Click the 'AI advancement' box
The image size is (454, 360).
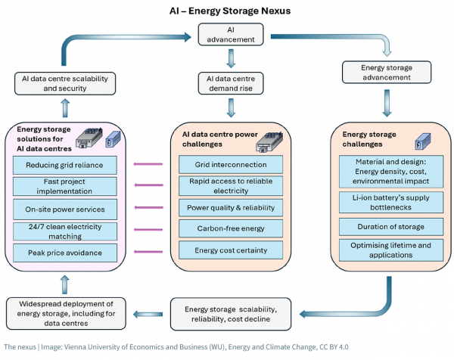click(231, 35)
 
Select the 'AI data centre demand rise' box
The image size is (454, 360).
click(231, 83)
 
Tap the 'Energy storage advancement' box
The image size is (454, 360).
click(387, 73)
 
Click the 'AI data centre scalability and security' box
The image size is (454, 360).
click(65, 84)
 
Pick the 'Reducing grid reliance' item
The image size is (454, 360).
click(65, 165)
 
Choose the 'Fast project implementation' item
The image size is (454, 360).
click(65, 186)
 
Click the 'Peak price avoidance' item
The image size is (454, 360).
click(65, 253)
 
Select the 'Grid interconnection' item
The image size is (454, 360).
click(231, 165)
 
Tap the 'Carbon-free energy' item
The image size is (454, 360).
click(231, 228)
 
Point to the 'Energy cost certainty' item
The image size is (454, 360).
click(231, 250)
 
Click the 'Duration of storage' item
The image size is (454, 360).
click(391, 227)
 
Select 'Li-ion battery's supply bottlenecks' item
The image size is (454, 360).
click(391, 202)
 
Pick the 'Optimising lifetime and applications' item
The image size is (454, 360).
click(391, 250)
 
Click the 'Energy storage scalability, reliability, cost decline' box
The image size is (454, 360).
click(231, 314)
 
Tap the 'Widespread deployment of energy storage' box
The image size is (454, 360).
click(66, 313)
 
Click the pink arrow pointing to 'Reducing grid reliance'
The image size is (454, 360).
click(148, 164)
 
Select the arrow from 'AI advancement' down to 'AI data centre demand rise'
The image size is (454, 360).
click(231, 59)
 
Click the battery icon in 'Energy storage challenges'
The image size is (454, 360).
click(423, 141)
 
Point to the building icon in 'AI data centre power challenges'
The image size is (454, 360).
click(269, 141)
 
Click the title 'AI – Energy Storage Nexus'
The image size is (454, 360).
click(230, 11)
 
